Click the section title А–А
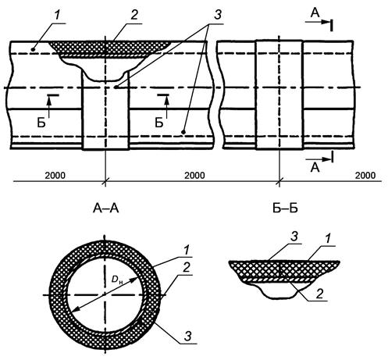105,209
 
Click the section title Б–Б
285,209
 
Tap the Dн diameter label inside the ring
116,280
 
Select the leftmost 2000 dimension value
55,175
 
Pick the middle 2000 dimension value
194,175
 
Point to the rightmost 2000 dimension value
365,175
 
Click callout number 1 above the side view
57,16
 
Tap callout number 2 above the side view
134,15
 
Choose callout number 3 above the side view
218,15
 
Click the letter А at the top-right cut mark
315,13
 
